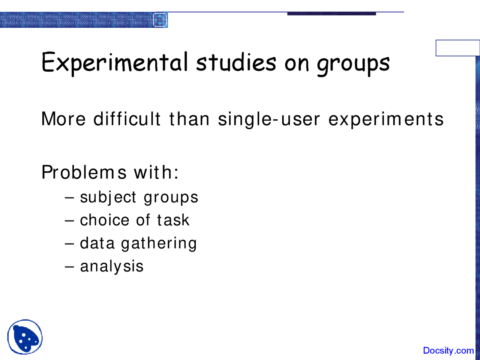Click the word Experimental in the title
point(114,63)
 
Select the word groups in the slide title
point(353,64)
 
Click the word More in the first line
point(63,119)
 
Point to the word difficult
point(127,119)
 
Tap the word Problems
point(84,172)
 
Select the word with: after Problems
point(156,172)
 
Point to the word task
point(173,220)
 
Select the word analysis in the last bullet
point(112,267)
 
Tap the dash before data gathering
point(69,244)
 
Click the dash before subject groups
point(69,198)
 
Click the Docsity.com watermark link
point(448,351)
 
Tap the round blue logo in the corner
point(25,337)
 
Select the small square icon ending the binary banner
point(160,19)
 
